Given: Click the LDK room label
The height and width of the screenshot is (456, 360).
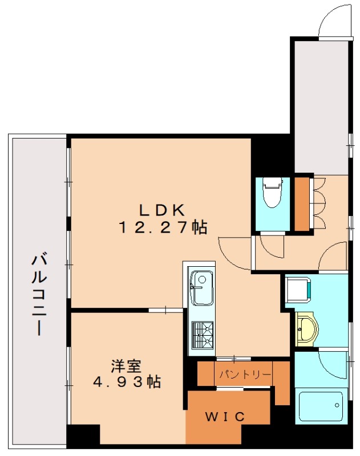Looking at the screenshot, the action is [x=162, y=210].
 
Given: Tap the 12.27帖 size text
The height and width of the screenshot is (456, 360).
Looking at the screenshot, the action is [x=163, y=227].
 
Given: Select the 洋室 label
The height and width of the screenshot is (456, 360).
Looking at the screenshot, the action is [x=126, y=366].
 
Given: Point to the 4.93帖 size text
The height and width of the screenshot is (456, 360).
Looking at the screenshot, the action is [x=127, y=381].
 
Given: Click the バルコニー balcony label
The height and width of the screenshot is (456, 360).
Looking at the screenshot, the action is [x=39, y=295].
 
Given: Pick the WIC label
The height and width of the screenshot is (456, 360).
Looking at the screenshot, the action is [x=225, y=417].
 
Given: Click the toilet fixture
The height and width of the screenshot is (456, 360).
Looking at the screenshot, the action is [x=273, y=193].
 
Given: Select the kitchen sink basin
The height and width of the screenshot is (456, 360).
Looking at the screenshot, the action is [x=202, y=288].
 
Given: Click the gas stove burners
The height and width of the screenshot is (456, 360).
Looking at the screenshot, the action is [x=203, y=335].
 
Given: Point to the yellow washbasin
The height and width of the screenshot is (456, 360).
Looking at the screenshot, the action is [x=307, y=329].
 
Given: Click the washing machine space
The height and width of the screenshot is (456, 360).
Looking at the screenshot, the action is [x=298, y=290].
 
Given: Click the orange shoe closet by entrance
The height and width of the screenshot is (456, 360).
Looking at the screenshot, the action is [x=302, y=203].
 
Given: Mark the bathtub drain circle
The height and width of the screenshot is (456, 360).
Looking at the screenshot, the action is [x=337, y=405].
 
